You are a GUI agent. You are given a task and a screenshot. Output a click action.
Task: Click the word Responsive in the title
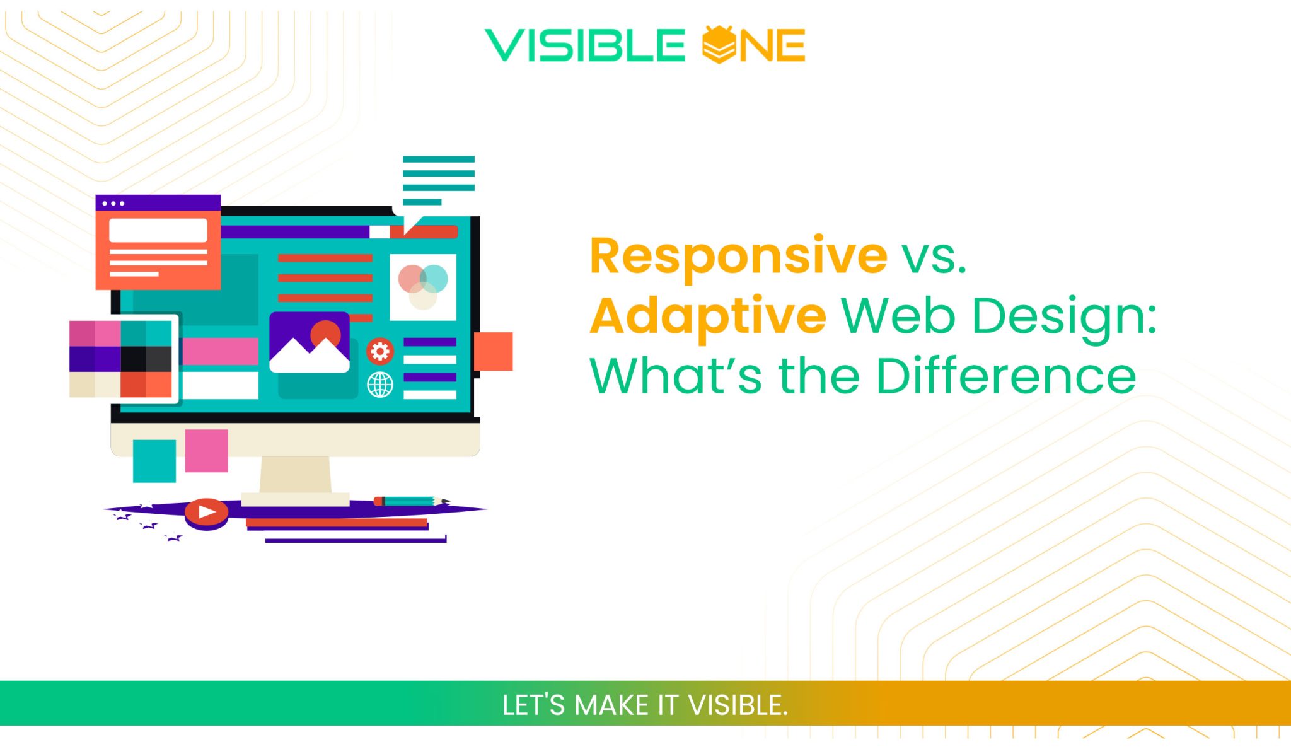pos(738,256)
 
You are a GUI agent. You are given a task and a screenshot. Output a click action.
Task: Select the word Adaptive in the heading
pos(708,316)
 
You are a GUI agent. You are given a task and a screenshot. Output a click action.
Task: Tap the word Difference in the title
pos(1006,376)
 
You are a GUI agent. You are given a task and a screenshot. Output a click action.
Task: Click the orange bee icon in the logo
pos(719,45)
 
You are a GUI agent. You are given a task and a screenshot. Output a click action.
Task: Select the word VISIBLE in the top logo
pos(585,45)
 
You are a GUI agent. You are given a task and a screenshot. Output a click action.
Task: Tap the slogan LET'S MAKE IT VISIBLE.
pos(645,705)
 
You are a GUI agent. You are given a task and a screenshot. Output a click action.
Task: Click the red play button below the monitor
pos(206,512)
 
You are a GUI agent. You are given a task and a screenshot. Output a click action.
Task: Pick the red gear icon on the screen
pos(380,351)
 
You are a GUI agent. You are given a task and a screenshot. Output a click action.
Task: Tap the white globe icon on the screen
pos(380,385)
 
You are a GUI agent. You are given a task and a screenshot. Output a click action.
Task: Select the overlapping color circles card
pos(423,287)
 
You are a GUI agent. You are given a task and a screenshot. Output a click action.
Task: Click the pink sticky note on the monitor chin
pos(206,451)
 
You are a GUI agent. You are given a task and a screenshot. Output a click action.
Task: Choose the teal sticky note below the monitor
pos(154,461)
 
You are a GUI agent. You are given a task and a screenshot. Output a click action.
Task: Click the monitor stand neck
pos(296,475)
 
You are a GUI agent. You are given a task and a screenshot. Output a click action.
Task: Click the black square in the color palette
pos(133,359)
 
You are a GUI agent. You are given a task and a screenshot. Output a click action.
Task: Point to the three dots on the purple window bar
pos(113,203)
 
